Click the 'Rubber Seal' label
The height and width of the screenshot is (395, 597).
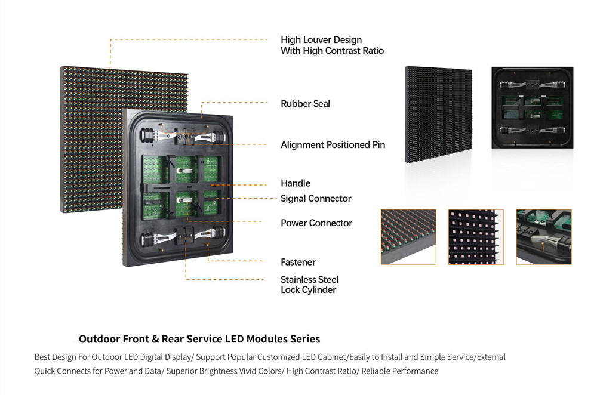[x=305, y=104]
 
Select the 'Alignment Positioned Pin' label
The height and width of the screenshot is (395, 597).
[x=333, y=145]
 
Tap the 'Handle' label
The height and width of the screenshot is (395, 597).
[x=296, y=183]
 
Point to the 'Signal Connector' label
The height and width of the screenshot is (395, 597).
[x=316, y=199]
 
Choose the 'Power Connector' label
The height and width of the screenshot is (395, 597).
[x=316, y=223]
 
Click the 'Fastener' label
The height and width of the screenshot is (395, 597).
[x=298, y=262]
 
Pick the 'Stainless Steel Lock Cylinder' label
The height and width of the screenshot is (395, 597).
[x=309, y=285]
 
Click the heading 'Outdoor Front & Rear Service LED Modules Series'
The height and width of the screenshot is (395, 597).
[x=199, y=339]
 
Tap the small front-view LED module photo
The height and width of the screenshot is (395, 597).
[x=438, y=115]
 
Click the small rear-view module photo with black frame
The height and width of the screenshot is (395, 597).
[x=532, y=108]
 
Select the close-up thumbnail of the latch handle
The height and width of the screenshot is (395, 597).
[x=544, y=237]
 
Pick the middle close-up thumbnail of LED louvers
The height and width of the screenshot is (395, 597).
[x=476, y=237]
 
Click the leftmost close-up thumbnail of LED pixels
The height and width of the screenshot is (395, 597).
[x=408, y=237]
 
